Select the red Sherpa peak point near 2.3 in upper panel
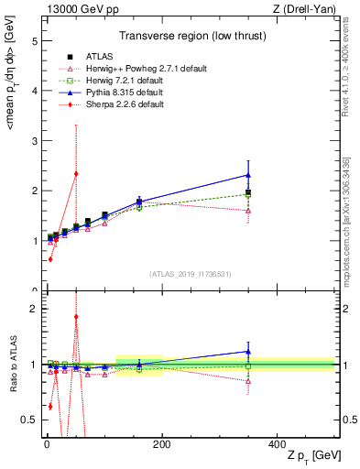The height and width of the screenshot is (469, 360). point(76,173)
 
